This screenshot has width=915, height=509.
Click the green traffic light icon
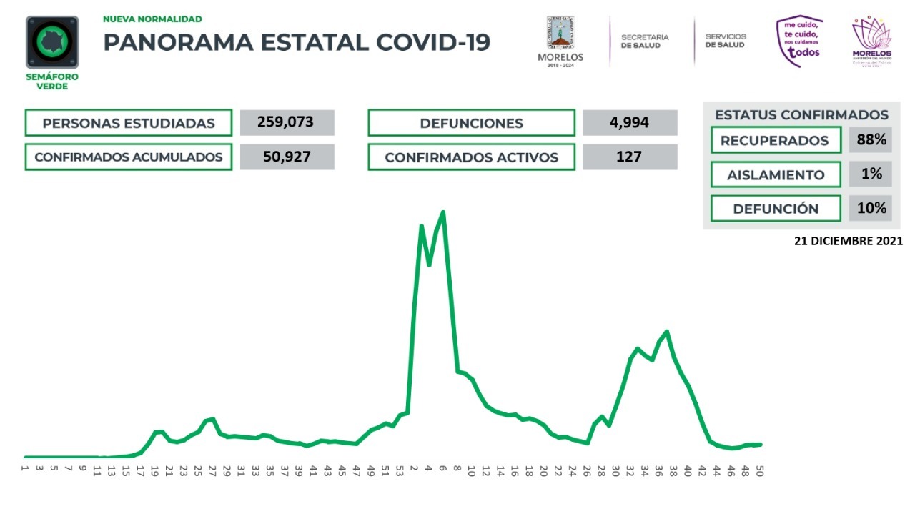coord(52,42)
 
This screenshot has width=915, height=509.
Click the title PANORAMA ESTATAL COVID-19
coord(297,42)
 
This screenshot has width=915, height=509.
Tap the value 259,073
coord(287,122)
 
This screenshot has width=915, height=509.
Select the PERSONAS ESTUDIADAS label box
coord(129,123)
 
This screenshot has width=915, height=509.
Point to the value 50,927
coord(287,157)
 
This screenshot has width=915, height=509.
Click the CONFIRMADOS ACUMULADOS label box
coord(129,157)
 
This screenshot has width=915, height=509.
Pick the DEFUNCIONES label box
coord(471,123)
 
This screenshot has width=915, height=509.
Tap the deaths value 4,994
coord(630,122)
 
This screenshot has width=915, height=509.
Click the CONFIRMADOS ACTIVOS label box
coord(471,157)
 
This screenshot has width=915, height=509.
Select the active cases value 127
coord(630,157)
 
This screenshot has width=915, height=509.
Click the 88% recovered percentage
coord(871,140)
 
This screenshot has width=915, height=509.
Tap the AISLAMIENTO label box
coord(776,174)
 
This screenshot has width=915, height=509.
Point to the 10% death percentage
coord(871,208)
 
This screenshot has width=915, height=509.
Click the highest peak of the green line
coord(443,212)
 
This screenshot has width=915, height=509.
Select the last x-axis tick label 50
coord(759,472)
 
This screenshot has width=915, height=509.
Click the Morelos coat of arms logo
coord(560,41)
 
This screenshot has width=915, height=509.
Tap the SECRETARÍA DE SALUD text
coord(645,41)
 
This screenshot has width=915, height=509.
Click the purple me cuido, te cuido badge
coord(800,41)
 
